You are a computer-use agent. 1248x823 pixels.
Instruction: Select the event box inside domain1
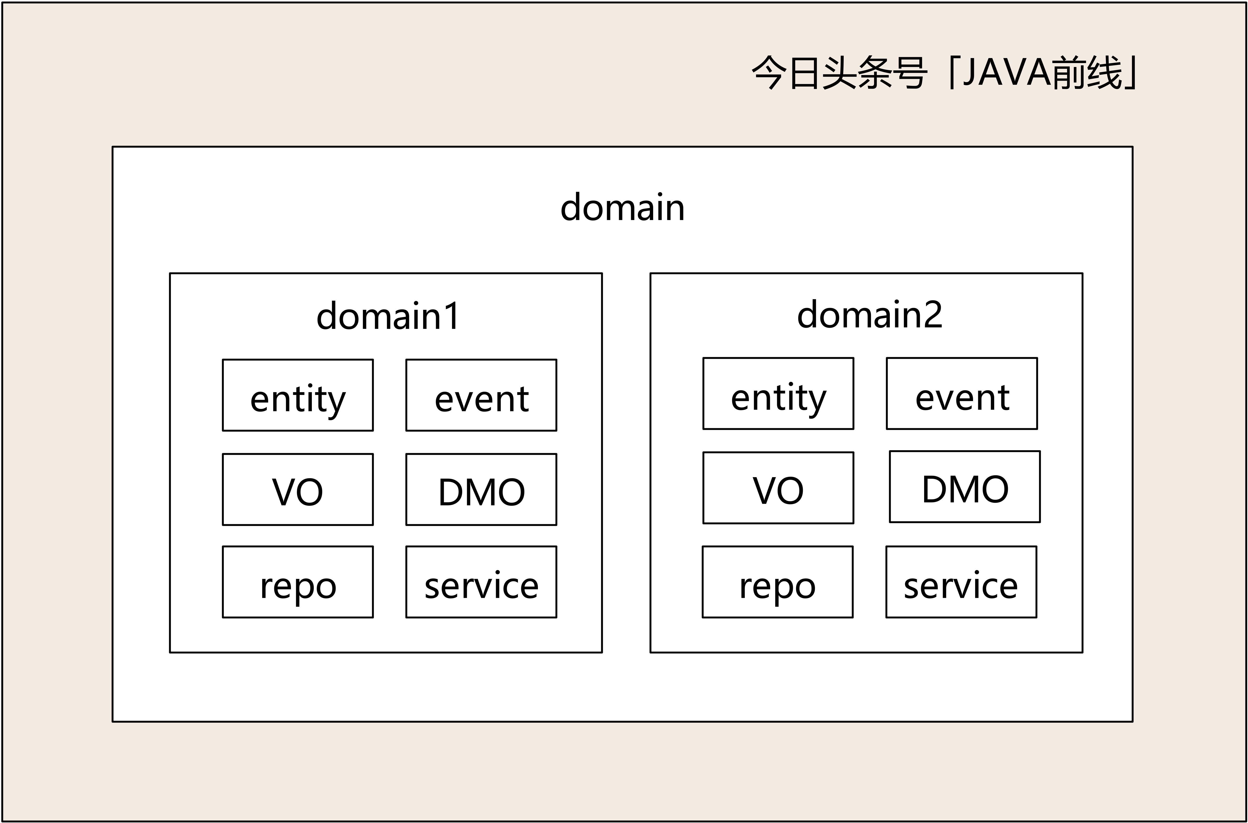(481, 395)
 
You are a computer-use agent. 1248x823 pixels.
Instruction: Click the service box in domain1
(481, 582)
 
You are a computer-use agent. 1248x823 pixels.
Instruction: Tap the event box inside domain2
(962, 394)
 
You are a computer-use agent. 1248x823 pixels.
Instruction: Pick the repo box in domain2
(777, 582)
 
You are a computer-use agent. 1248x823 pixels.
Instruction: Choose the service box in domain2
(961, 582)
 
